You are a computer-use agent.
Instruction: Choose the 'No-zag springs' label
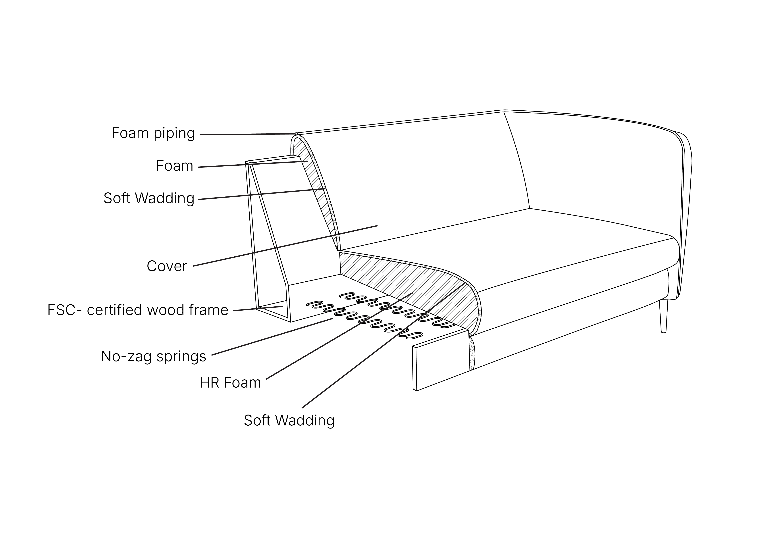153,356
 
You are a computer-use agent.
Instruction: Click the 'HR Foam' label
230,383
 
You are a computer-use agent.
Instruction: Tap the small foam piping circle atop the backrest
296,134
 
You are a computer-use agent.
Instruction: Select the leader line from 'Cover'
285,246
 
